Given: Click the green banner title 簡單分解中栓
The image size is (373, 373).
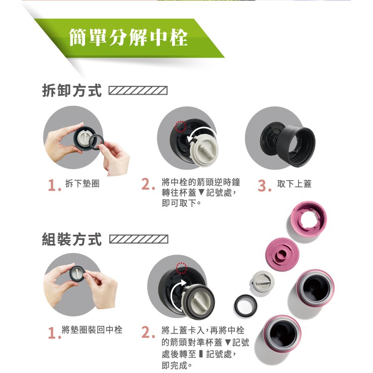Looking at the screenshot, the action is (x=129, y=37).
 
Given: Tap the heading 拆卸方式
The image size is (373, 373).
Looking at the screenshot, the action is (x=72, y=91).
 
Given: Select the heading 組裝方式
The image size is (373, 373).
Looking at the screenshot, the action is (x=72, y=239).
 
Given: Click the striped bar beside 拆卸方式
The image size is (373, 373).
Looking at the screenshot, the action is (x=138, y=91).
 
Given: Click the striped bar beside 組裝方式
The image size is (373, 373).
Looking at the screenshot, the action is (x=139, y=239).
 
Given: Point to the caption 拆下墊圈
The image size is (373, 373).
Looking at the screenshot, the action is (x=82, y=184).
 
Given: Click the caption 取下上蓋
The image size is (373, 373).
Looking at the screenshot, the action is (x=294, y=184).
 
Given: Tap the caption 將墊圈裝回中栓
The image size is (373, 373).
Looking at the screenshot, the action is (x=92, y=329).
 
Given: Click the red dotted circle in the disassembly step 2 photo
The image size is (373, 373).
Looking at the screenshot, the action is (x=181, y=127).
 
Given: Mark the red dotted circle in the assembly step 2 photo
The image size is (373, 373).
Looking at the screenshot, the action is (x=182, y=268).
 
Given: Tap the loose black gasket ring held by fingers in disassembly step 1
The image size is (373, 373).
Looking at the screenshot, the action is (x=96, y=142).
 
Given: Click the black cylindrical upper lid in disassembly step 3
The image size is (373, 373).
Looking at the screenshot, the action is (x=296, y=147).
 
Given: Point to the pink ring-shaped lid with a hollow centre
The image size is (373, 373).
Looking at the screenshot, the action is (x=309, y=218).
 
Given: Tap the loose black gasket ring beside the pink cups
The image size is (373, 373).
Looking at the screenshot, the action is (x=245, y=306).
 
